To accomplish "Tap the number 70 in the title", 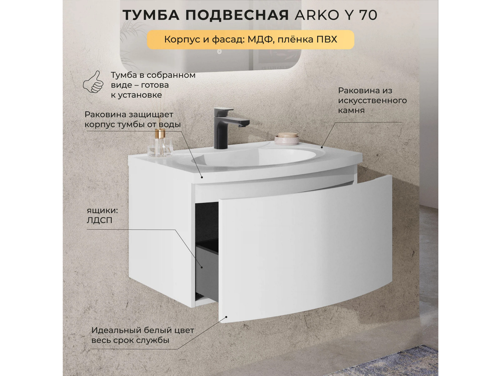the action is [x=368, y=15].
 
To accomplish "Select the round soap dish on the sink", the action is [x=287, y=138].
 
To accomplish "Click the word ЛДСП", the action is [x=100, y=221].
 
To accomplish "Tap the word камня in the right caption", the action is [x=352, y=111].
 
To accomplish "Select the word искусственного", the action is [x=373, y=101].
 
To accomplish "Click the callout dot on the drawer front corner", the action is [x=226, y=317].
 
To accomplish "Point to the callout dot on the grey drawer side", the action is [x=202, y=267].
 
